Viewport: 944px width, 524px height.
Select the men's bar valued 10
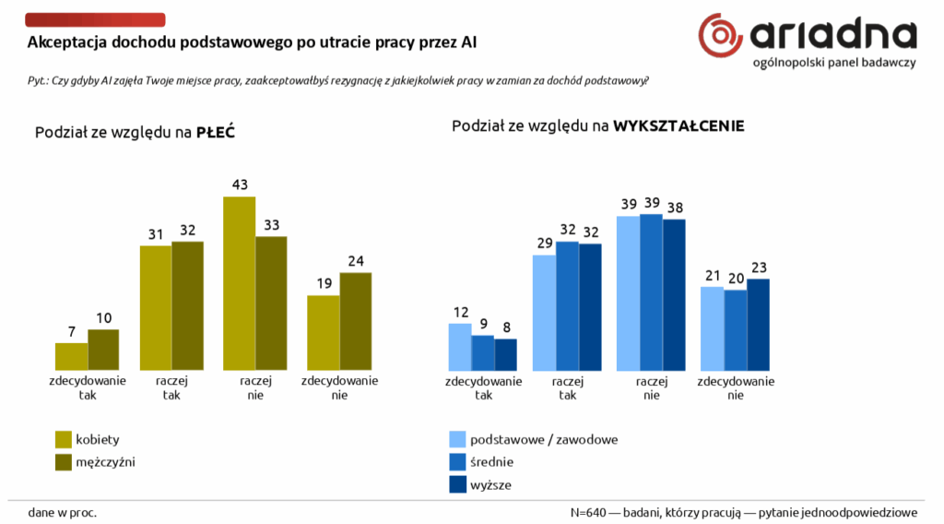click(x=103, y=350)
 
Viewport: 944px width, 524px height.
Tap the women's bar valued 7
click(x=71, y=356)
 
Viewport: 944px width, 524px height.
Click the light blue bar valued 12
click(x=460, y=346)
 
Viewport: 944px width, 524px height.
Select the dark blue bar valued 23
click(x=758, y=324)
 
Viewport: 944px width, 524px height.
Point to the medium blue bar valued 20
click(x=735, y=329)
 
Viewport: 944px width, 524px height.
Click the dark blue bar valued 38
click(x=674, y=294)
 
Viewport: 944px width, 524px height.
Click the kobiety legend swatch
click(x=65, y=439)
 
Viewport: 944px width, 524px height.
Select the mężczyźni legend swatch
click(x=65, y=461)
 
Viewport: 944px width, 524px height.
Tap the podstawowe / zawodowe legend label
click(x=544, y=439)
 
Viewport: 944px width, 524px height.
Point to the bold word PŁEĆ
click(x=216, y=133)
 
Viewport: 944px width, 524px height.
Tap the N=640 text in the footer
click(x=590, y=511)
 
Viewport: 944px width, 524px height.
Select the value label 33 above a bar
click(x=271, y=224)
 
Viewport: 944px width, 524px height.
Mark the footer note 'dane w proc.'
click(x=63, y=511)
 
